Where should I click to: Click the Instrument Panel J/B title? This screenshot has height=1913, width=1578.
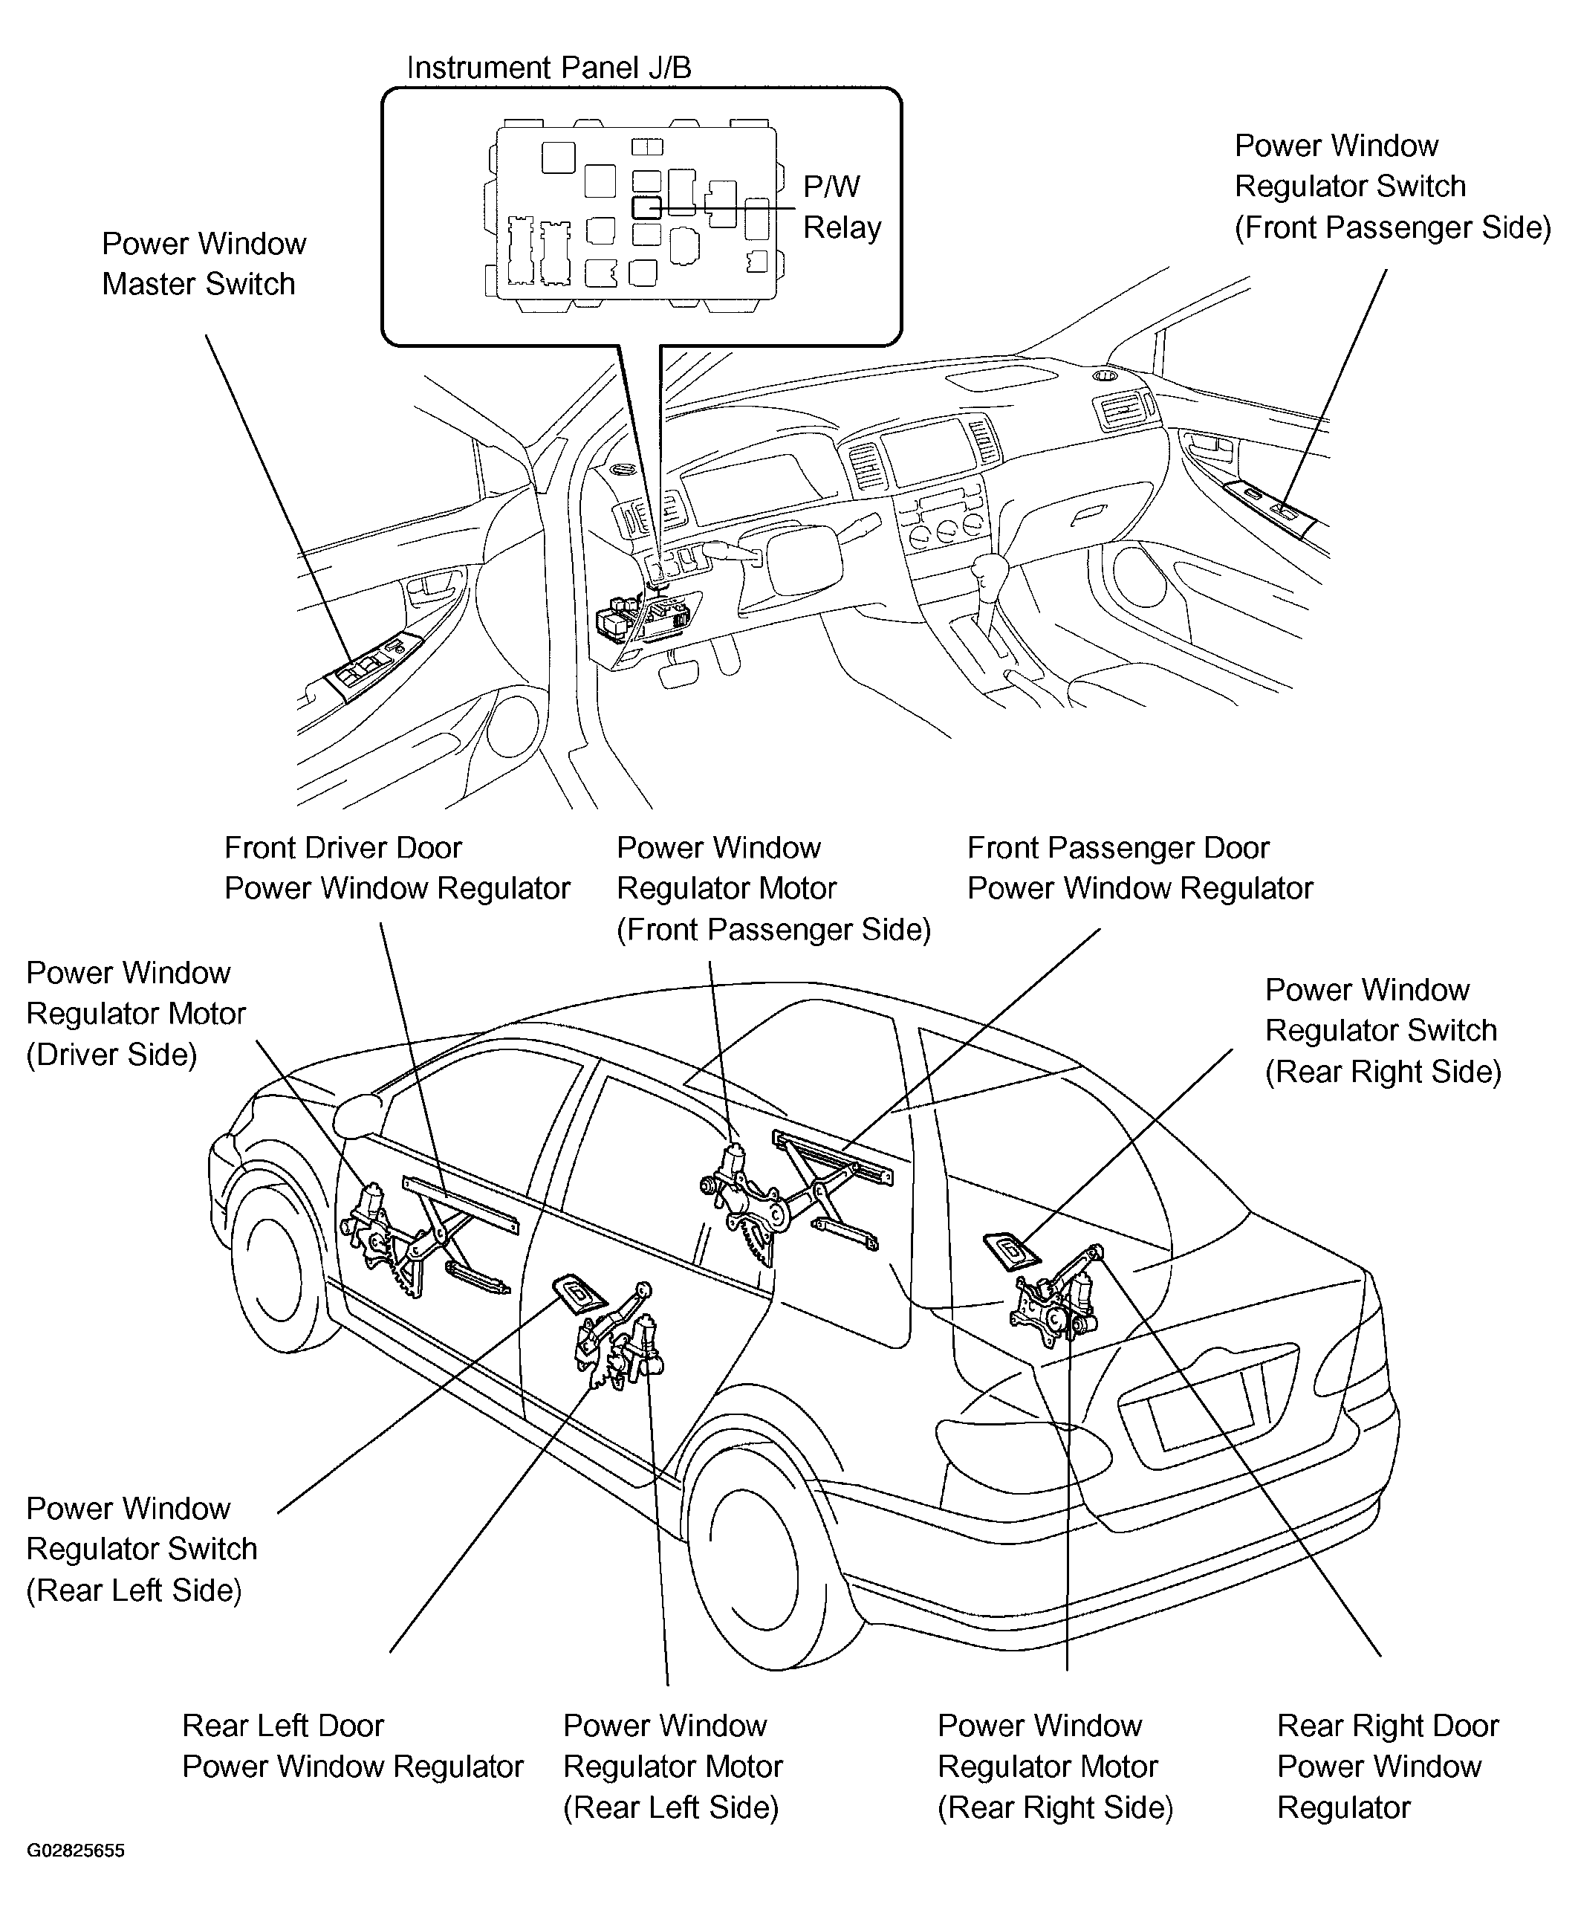548,68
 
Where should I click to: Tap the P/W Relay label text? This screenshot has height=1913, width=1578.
841,207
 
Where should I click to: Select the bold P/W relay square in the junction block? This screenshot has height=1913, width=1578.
646,208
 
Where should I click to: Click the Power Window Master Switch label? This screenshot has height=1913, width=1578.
203,264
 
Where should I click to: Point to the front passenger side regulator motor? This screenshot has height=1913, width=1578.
733,1165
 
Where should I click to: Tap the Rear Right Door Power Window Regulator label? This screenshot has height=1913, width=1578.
1386,1766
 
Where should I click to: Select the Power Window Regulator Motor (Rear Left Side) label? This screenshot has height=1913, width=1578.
672,1766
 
